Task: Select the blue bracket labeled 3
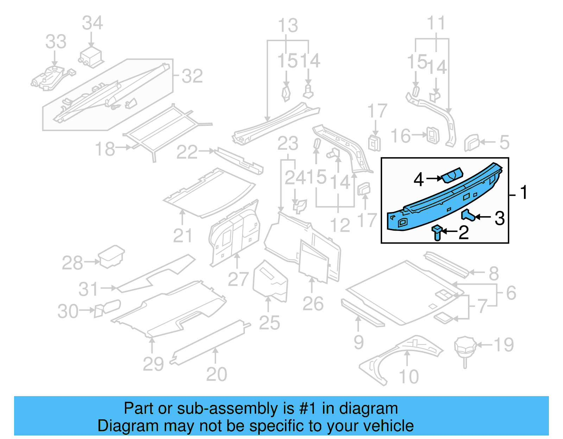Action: click(x=468, y=215)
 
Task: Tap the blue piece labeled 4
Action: click(x=452, y=175)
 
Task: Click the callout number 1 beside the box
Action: click(x=524, y=193)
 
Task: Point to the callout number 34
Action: click(x=92, y=23)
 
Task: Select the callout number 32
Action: click(x=192, y=76)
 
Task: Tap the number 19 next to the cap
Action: click(x=504, y=345)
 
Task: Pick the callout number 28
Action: click(x=72, y=263)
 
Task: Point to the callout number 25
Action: click(x=269, y=323)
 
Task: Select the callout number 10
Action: click(x=409, y=377)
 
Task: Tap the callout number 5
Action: click(x=504, y=142)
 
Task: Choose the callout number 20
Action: click(x=216, y=374)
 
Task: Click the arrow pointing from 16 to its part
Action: click(x=419, y=135)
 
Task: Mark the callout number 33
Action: click(x=56, y=42)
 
